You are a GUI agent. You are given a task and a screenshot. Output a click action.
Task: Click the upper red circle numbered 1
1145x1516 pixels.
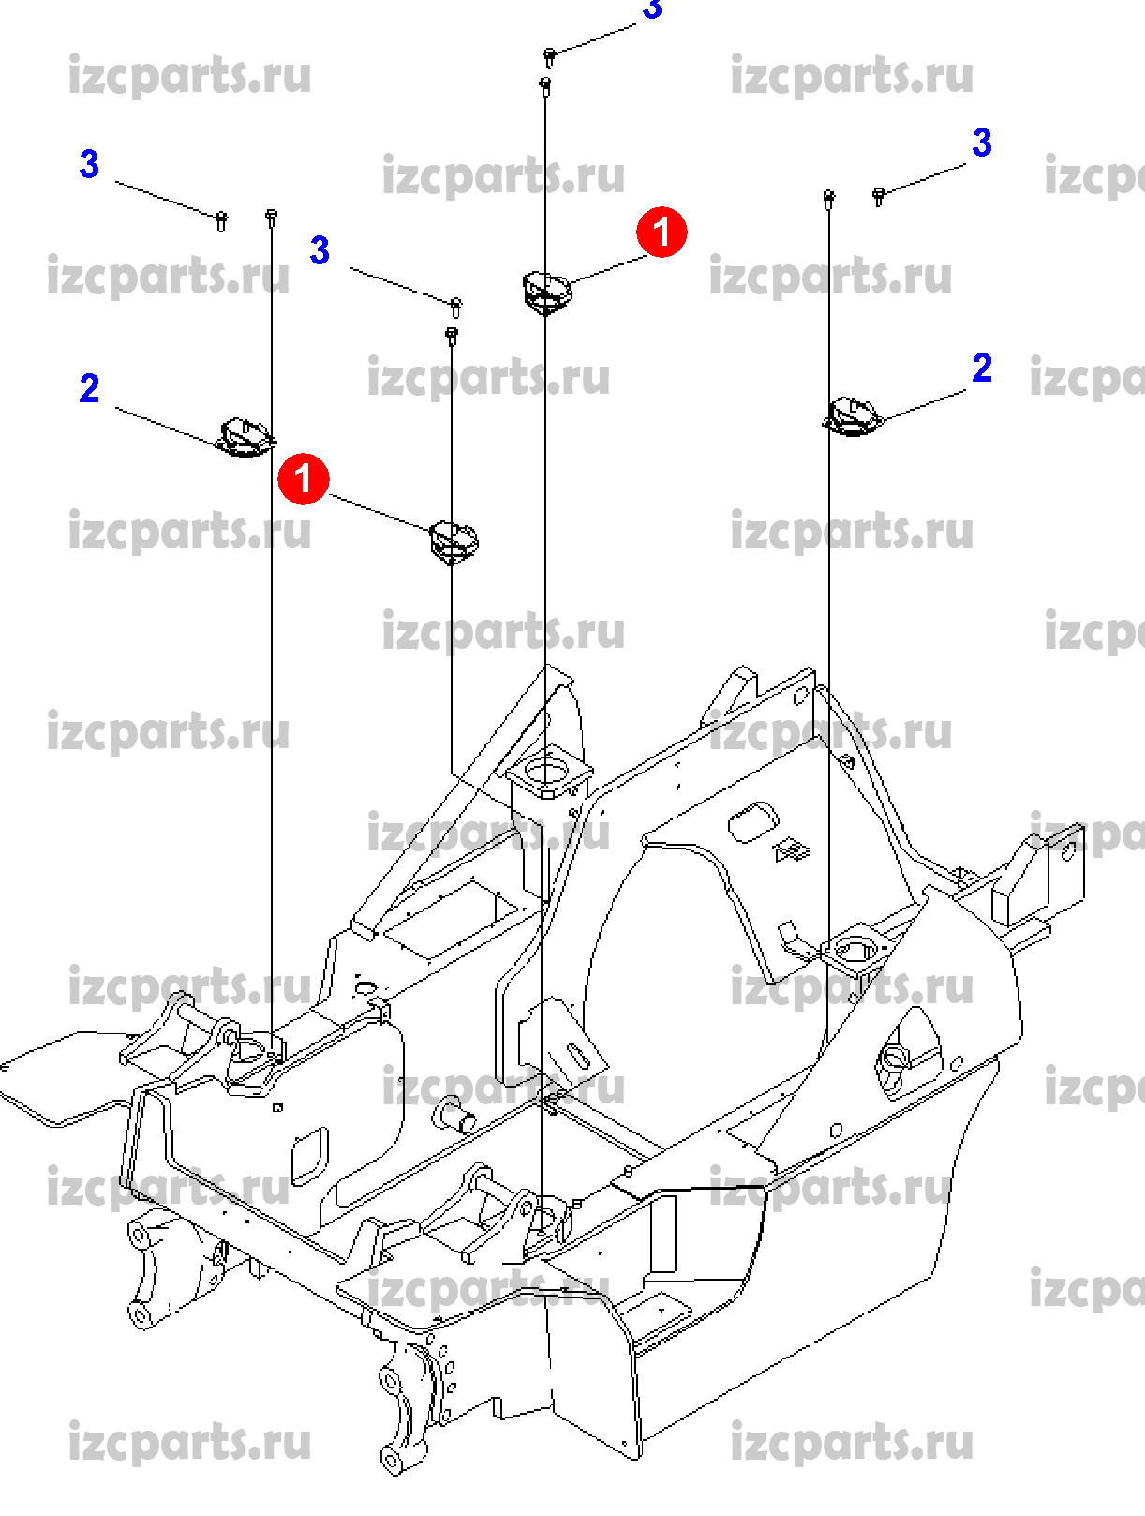[x=662, y=232]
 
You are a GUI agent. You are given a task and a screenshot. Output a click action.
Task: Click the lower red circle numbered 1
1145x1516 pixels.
[x=303, y=479]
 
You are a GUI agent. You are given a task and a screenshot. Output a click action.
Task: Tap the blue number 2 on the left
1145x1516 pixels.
[x=89, y=388]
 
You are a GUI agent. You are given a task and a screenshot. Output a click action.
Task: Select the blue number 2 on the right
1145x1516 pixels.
[x=981, y=368]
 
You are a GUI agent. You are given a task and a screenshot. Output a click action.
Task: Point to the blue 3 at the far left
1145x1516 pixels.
[x=89, y=164]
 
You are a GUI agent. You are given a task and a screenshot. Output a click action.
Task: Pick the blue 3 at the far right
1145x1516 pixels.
[x=981, y=143]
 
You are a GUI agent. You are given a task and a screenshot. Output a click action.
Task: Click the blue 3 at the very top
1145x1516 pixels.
[x=652, y=9]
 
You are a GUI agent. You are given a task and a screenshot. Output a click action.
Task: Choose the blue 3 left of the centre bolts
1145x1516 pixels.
[x=320, y=250]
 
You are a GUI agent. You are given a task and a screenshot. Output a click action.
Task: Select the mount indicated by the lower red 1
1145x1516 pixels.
[x=454, y=540]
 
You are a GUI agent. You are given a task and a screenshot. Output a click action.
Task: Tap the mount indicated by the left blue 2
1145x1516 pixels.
[x=245, y=438]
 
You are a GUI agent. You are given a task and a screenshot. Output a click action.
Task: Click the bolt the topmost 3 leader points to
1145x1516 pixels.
[x=550, y=57]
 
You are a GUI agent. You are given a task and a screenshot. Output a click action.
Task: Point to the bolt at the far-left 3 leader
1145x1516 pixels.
[x=221, y=220]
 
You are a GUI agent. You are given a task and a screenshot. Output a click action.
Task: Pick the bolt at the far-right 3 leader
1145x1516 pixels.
[x=879, y=195]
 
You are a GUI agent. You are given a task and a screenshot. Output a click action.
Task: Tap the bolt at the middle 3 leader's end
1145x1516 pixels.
[x=456, y=306]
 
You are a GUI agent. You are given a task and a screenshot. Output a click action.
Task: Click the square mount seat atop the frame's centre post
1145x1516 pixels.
[x=548, y=774]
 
